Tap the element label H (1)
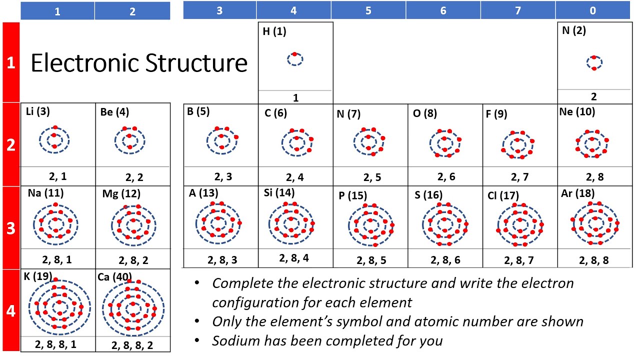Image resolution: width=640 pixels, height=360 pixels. coord(274,32)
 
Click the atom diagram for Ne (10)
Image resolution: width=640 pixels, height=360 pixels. coord(593,144)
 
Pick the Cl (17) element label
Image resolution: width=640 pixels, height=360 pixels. coord(503,195)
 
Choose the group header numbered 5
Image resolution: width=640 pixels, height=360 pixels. coord(368,10)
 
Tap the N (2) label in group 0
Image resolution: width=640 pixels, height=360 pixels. coord(573,30)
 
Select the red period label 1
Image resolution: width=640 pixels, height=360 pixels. coord(10,63)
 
